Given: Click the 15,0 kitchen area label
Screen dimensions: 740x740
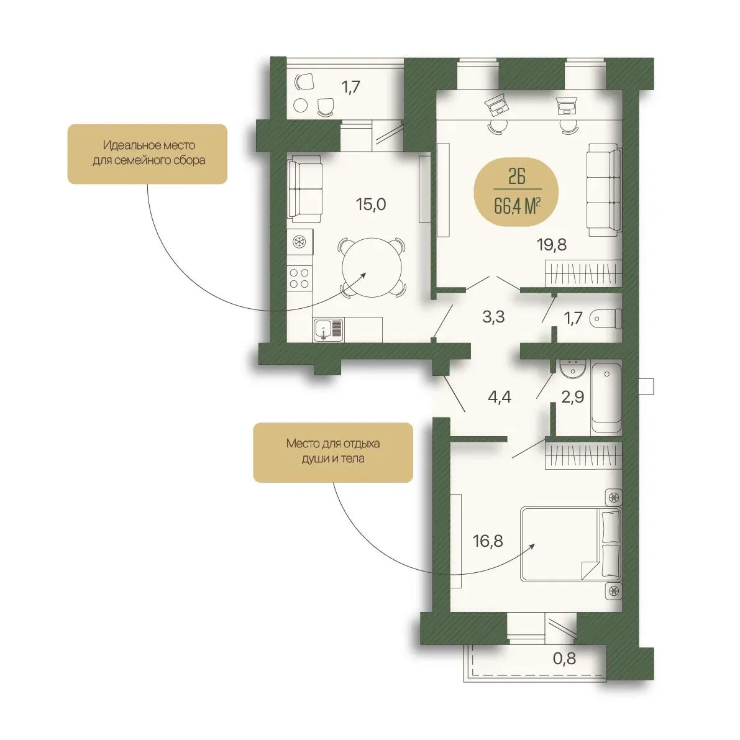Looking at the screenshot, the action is coord(371,204).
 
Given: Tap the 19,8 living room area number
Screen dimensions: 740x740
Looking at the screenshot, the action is coord(551,244).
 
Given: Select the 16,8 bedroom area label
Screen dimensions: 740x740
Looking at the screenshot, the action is coord(488,541).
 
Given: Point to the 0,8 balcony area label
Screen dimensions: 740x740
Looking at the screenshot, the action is coord(564,658).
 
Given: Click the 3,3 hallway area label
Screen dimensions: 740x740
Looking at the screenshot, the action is coord(493,317).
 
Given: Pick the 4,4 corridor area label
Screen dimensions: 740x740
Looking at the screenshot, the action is coord(500,397).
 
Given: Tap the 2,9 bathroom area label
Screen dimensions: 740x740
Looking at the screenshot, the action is coord(572,397).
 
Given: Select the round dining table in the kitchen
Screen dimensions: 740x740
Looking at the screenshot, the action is coord(372,268).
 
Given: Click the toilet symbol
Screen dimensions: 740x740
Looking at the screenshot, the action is coord(606,319).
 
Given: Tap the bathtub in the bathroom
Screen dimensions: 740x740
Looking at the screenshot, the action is coord(606,398).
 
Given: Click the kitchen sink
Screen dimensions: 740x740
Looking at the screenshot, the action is coord(329,329).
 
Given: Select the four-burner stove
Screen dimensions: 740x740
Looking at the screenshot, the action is coord(299,278).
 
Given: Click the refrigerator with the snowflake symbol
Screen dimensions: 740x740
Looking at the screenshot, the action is coord(299,242).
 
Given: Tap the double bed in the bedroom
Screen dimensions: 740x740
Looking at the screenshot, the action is coord(571,544).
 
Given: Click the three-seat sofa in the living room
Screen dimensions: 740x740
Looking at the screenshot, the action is coord(604,190).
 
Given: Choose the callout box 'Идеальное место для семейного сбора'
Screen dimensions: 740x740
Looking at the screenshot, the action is coord(147,154).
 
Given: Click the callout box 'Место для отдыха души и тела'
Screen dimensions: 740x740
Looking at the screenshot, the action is coord(333,452).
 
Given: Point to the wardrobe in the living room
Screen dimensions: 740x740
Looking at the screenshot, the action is coord(583,273).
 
